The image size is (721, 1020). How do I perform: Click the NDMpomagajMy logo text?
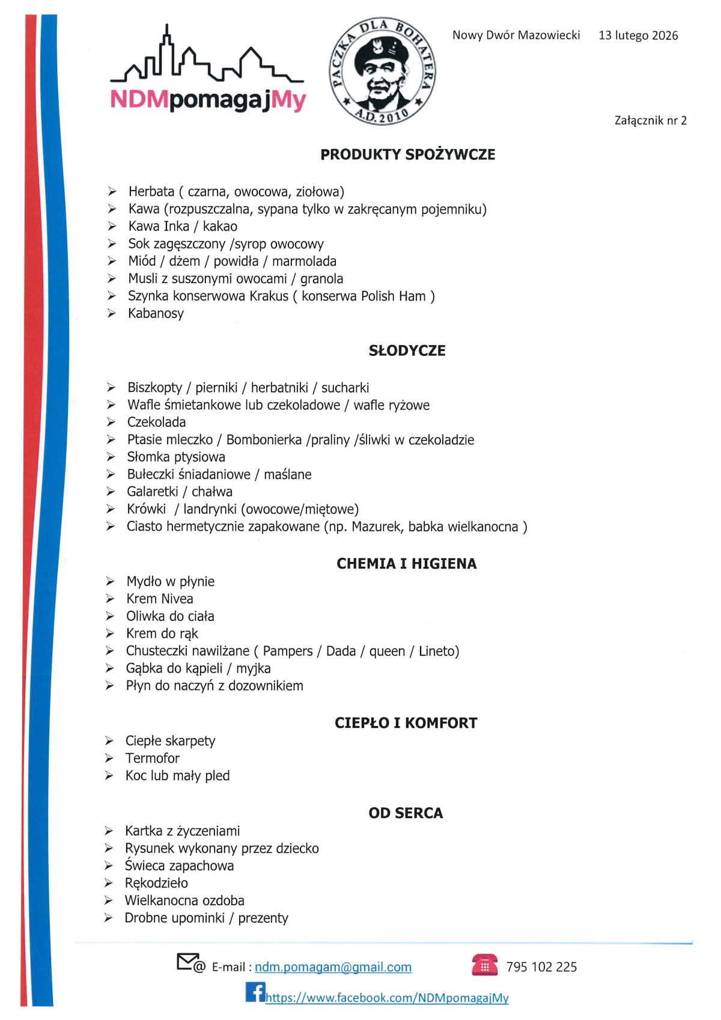(x=208, y=100)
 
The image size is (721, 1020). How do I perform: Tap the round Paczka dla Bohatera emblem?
(x=382, y=71)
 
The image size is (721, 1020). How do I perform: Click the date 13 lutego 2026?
(x=638, y=35)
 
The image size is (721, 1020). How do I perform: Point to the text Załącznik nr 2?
(x=650, y=120)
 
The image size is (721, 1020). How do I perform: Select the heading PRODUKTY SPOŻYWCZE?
(x=407, y=154)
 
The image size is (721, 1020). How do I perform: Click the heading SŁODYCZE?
(x=407, y=350)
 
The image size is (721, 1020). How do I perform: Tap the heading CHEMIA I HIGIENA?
(x=406, y=563)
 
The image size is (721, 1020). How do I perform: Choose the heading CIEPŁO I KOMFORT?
(x=406, y=722)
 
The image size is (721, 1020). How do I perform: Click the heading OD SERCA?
(x=406, y=813)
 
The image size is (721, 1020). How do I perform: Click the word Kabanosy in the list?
(x=156, y=313)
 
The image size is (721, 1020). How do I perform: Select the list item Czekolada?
(x=156, y=422)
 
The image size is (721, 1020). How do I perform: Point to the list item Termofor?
(x=152, y=758)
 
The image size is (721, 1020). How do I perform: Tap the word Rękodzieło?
(x=156, y=883)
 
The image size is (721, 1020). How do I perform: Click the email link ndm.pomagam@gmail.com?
(x=333, y=967)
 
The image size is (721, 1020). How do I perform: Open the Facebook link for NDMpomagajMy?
(x=387, y=998)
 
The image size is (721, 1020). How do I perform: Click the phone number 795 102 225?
(x=541, y=967)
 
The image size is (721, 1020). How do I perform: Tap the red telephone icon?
(x=484, y=965)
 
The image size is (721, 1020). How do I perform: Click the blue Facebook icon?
(x=255, y=992)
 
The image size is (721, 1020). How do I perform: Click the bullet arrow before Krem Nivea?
(x=110, y=599)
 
